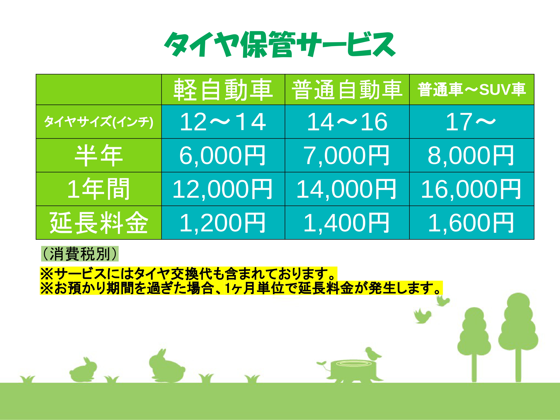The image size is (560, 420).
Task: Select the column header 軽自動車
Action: click(x=223, y=90)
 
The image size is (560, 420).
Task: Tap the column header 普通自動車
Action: click(x=347, y=90)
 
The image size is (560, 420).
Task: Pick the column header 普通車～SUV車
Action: click(x=472, y=90)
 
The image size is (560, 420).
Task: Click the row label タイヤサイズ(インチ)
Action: click(x=99, y=122)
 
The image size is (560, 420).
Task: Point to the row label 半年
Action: click(x=99, y=155)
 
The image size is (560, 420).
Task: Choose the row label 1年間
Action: click(x=99, y=189)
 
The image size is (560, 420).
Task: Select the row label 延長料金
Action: click(x=99, y=223)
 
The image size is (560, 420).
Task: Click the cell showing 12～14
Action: click(x=223, y=122)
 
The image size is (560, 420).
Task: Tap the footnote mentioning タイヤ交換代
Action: click(x=189, y=274)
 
